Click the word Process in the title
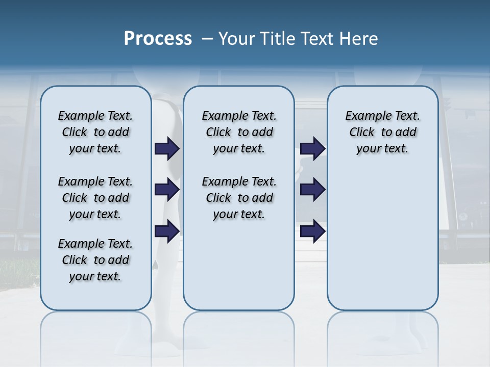point(158,39)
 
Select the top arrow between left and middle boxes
point(167,148)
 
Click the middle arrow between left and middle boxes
point(167,190)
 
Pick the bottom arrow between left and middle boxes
point(167,231)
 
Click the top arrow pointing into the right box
point(312,148)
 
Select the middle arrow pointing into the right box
point(312,190)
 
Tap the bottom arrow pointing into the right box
point(312,231)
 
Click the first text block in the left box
point(95,132)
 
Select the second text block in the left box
point(95,198)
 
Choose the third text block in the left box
point(95,260)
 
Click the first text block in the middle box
point(239,132)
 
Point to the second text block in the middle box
point(239,198)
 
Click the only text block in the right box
point(382,132)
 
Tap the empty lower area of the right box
point(382,240)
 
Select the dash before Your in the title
point(207,39)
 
